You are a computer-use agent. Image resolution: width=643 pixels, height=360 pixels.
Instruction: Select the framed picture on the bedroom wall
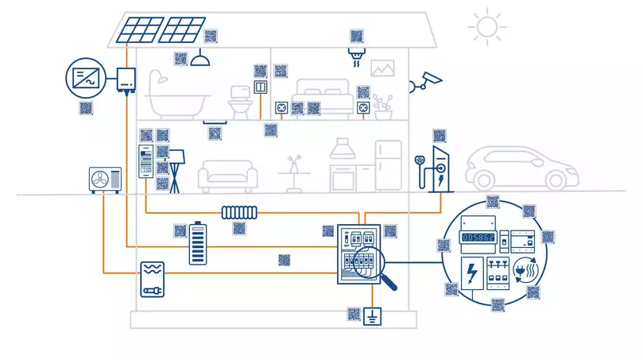(x=383, y=68)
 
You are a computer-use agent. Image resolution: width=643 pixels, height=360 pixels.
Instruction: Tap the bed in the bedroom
(x=323, y=97)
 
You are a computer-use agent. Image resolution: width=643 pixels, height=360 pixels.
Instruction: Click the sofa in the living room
(x=227, y=176)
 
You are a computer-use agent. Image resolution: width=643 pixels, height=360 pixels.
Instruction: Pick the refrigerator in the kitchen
(x=389, y=165)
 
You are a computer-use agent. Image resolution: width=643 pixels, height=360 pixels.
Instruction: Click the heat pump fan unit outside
(x=105, y=180)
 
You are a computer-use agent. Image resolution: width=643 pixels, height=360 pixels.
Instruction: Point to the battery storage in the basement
(x=196, y=243)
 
